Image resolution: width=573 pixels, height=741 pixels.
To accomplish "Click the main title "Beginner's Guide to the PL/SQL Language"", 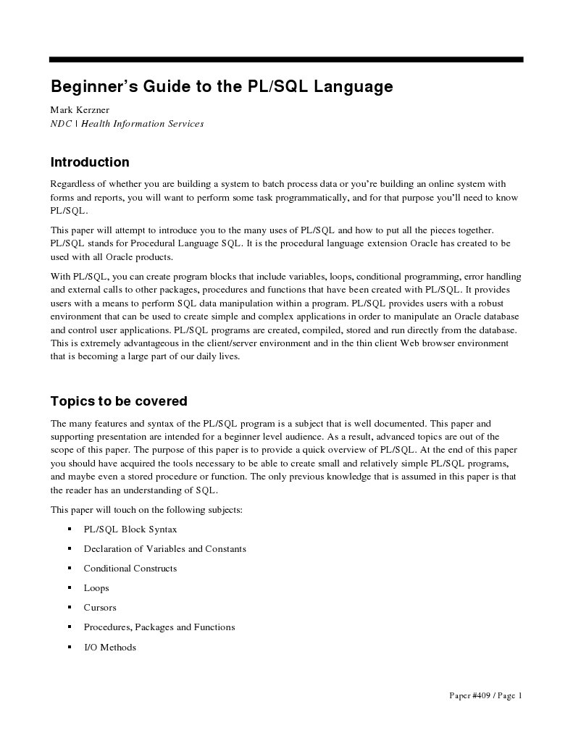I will (x=222, y=88).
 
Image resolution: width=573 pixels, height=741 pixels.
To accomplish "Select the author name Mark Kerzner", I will (x=80, y=110).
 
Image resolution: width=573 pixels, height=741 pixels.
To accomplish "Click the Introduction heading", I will (x=90, y=162).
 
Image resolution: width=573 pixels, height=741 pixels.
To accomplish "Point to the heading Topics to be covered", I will (x=119, y=401).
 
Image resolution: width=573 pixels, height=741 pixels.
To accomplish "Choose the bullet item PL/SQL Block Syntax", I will (x=130, y=529).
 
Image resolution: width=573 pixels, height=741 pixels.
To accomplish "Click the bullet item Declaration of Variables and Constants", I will (x=164, y=549).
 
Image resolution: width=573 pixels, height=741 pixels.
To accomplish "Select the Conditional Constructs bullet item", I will (x=130, y=569).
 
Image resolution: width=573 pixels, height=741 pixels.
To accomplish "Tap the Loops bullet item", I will (x=96, y=588).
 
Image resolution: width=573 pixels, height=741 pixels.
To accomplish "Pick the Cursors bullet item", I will (x=100, y=608).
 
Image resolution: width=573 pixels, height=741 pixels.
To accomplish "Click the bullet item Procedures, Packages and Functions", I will (x=159, y=627).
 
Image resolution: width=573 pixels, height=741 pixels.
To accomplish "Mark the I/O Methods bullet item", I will (x=109, y=647).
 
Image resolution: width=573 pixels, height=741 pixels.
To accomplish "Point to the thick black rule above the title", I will (x=286, y=59).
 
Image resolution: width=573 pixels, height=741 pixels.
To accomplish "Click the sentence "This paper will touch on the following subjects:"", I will (x=146, y=510).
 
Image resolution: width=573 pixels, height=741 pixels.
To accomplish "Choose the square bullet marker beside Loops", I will (x=69, y=588).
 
